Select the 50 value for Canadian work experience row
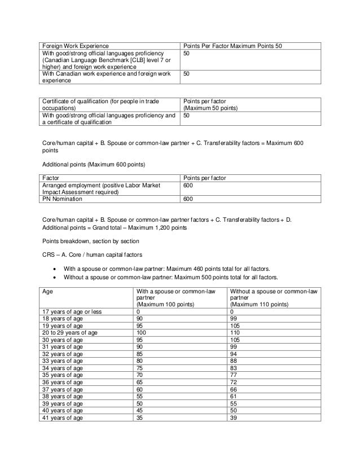(x=187, y=73)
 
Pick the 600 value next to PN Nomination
(x=188, y=199)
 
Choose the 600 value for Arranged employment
(x=188, y=184)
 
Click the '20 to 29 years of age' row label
(x=69, y=333)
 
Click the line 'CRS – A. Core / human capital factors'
(x=93, y=254)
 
